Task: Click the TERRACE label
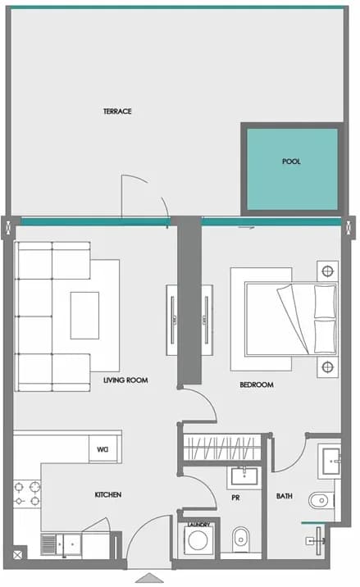click(x=117, y=111)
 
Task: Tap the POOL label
click(x=291, y=162)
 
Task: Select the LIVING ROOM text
click(x=125, y=380)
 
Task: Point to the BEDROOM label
click(x=257, y=385)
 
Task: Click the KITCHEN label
click(x=108, y=494)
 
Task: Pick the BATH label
click(x=285, y=496)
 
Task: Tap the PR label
click(x=235, y=498)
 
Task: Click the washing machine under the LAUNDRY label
click(x=198, y=540)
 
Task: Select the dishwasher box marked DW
click(x=103, y=449)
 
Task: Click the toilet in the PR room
click(x=240, y=539)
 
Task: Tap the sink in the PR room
click(x=244, y=477)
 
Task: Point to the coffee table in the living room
click(x=85, y=316)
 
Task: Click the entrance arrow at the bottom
click(x=149, y=578)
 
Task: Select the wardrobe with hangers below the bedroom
click(x=222, y=447)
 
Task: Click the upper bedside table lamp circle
click(x=328, y=271)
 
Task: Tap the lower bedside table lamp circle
click(x=328, y=367)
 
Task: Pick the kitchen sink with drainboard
click(x=61, y=544)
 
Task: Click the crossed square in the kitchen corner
click(x=17, y=555)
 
